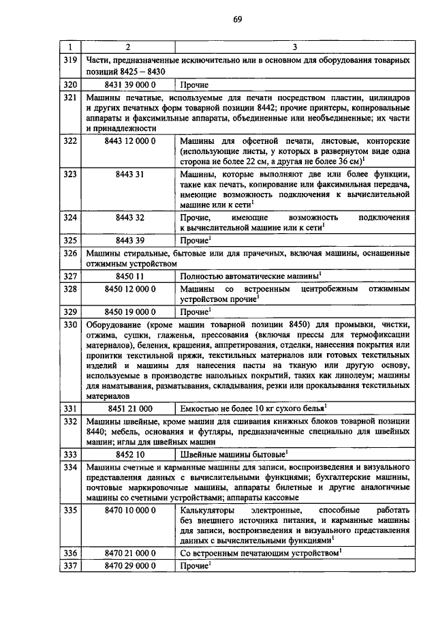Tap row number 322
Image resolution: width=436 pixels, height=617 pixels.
click(68, 141)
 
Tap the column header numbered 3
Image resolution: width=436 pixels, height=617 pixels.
click(294, 47)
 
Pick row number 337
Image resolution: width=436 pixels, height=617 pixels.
click(68, 566)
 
